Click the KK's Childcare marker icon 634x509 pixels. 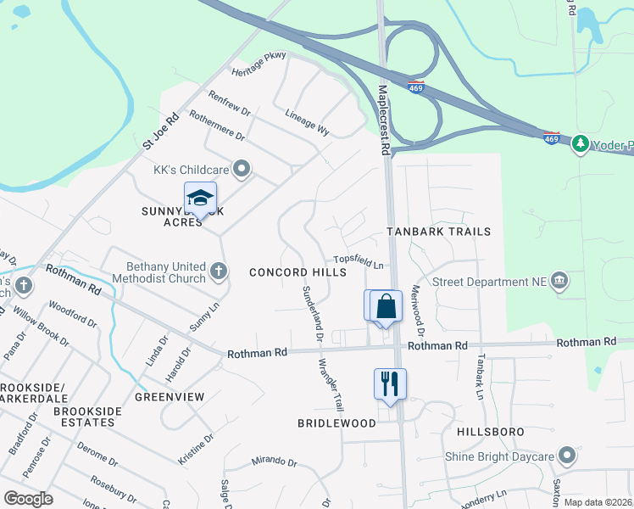click(x=242, y=169)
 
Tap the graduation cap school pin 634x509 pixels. click(x=200, y=199)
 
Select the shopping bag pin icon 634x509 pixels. click(x=386, y=307)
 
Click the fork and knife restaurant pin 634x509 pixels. click(x=390, y=383)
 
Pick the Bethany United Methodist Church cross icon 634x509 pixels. click(x=219, y=271)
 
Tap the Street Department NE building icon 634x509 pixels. click(x=559, y=282)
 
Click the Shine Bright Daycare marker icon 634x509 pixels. click(x=567, y=456)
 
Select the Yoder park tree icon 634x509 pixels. click(x=580, y=143)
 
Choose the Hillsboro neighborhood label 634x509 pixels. click(x=491, y=432)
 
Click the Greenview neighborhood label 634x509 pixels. click(x=170, y=396)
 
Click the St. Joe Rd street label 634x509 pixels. click(x=161, y=131)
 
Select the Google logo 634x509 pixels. click(x=29, y=498)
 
